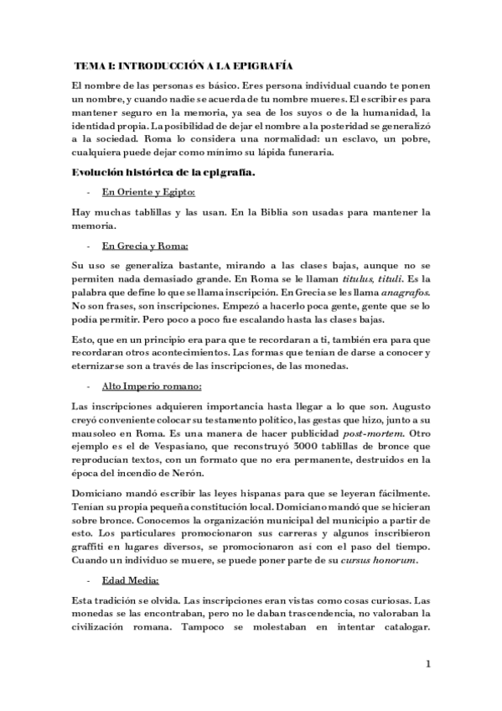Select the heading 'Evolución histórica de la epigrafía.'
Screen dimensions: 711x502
click(164, 173)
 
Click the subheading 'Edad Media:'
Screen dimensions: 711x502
click(132, 581)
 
